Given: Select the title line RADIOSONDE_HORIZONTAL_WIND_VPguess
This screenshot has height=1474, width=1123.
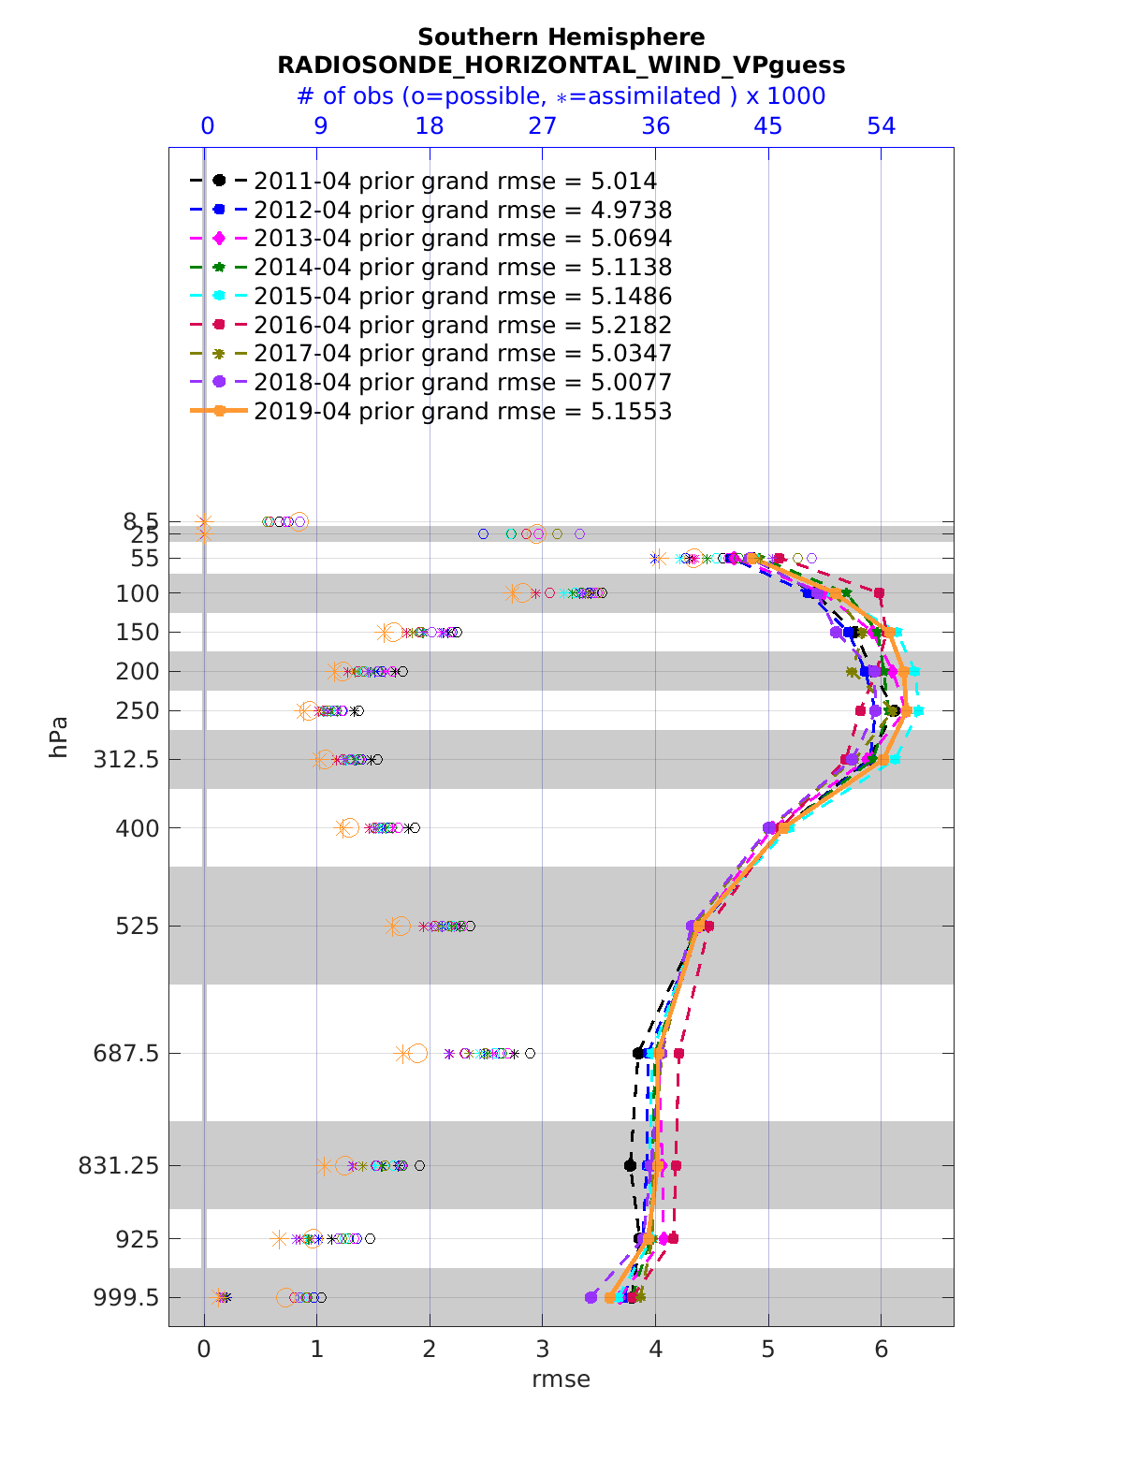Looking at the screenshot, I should point(561,66).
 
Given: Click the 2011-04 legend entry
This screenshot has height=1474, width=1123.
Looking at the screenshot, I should point(430,182).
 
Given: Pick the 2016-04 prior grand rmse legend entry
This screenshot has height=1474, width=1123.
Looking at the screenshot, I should point(430,326).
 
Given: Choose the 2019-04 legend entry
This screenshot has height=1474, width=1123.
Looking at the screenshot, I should point(430,412).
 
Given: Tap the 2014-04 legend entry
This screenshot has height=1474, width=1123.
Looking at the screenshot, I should point(430,268).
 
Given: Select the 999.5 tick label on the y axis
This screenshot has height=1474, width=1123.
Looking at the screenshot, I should point(131,1298).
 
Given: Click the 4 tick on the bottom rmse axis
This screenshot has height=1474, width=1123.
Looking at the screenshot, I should point(655,1350).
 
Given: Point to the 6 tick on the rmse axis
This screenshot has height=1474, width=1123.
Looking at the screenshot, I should point(881,1350).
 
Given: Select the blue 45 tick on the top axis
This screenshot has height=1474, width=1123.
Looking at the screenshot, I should point(768,126).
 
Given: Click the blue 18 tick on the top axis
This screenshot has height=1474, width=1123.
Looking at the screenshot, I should point(430,126).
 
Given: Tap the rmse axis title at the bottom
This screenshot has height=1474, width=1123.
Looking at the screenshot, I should point(561,1379).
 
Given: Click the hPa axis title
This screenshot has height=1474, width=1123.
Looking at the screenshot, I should point(60,737).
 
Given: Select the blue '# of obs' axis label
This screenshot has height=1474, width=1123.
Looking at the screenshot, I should point(561,96).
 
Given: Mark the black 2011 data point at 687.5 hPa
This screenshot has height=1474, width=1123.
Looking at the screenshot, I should point(638,1054).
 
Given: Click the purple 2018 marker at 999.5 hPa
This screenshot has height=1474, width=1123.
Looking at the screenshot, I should point(591,1297).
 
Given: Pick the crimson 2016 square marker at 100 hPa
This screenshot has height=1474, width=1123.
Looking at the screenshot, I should point(879,593).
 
